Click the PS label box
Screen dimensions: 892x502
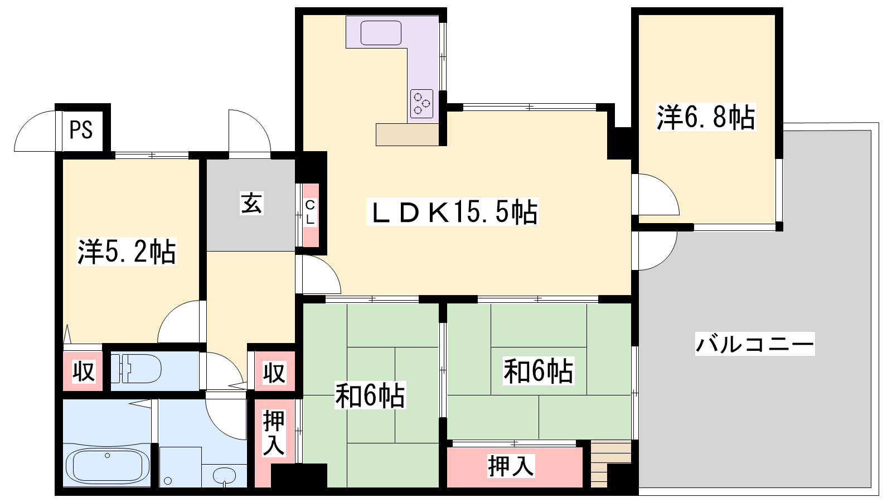[81, 130]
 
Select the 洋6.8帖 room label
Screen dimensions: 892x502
[706, 117]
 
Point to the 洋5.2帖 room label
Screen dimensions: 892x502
[127, 252]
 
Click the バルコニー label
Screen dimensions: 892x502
[755, 344]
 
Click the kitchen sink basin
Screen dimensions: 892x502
[381, 33]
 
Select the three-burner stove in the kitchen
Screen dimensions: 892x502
[421, 104]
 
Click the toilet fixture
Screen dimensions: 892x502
[136, 369]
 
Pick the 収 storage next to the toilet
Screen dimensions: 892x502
[83, 371]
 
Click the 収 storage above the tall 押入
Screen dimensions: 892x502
[275, 371]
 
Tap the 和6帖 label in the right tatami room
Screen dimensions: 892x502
[539, 371]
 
